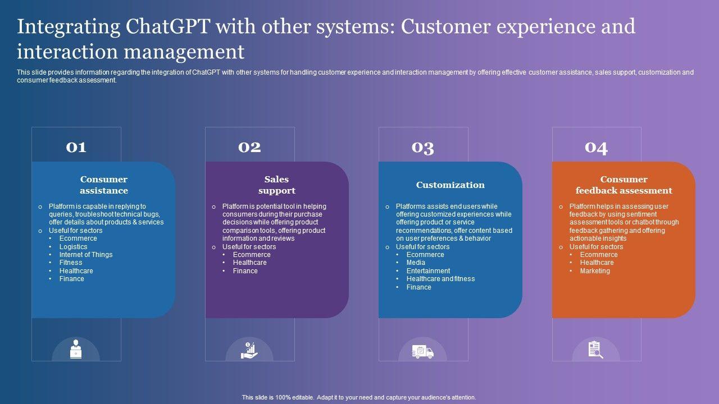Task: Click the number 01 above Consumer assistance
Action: [76, 147]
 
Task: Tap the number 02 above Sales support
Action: [249, 147]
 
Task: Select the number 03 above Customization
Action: [423, 147]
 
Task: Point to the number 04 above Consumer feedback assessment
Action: [596, 147]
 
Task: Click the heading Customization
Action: [450, 185]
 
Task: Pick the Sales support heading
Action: [277, 185]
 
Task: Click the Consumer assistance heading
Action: [104, 185]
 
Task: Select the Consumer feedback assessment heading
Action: [624, 185]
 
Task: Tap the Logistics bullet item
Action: [74, 247]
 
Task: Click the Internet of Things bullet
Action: [86, 255]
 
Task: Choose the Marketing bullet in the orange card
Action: [595, 271]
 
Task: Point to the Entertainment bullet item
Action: [429, 271]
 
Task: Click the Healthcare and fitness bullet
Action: [441, 279]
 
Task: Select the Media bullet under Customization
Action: [416, 263]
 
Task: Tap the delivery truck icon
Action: [422, 352]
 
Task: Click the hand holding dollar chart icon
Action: [249, 350]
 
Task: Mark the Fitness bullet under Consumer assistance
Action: [71, 263]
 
